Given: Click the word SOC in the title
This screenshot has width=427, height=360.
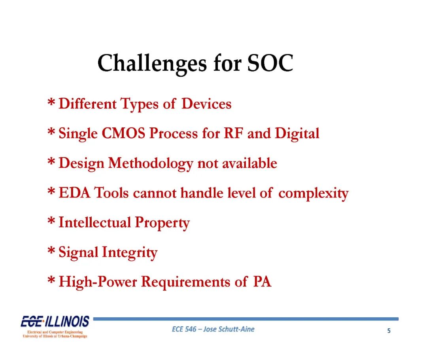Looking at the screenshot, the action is pos(270,63).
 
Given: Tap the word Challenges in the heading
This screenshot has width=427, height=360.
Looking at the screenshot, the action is pos(152,64).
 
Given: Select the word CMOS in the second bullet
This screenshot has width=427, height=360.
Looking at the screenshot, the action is pos(123,133).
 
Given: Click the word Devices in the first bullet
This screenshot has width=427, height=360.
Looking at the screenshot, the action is pos(206,104).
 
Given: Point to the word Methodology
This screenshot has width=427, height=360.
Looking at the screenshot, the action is pos(151,164).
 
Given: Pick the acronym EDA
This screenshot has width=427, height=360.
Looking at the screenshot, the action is pos(74,193).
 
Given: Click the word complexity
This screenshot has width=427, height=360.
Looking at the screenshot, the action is pos(314,194).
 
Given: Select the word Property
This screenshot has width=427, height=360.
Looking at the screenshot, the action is pos(162,223).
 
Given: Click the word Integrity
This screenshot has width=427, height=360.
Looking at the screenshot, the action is pos(130,253).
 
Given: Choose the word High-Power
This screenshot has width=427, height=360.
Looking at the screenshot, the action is pos(98,282).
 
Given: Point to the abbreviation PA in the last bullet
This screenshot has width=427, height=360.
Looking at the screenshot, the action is pos(262,282).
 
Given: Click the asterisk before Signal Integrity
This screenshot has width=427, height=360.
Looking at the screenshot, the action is pos(51,250).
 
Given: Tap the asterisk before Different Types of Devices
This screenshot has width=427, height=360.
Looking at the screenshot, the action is pos(51,102).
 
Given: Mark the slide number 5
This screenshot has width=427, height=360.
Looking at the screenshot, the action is pos(389,331).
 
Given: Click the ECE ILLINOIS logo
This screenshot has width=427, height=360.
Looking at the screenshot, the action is pos(55,326).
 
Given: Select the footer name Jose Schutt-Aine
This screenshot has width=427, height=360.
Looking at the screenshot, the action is pos(229,329).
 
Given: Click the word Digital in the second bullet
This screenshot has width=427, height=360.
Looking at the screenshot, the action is pos(297,134).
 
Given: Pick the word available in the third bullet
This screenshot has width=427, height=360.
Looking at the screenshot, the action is pos(250,163).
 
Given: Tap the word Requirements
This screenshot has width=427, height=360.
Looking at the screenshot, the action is pos(185,282).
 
